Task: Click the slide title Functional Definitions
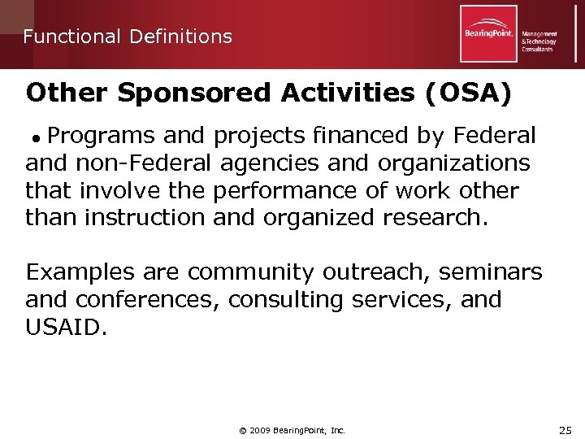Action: [x=128, y=37]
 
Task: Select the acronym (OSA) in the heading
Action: [x=468, y=93]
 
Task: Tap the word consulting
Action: [x=286, y=299]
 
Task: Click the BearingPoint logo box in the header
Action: [x=487, y=34]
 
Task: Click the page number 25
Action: [x=565, y=429]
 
